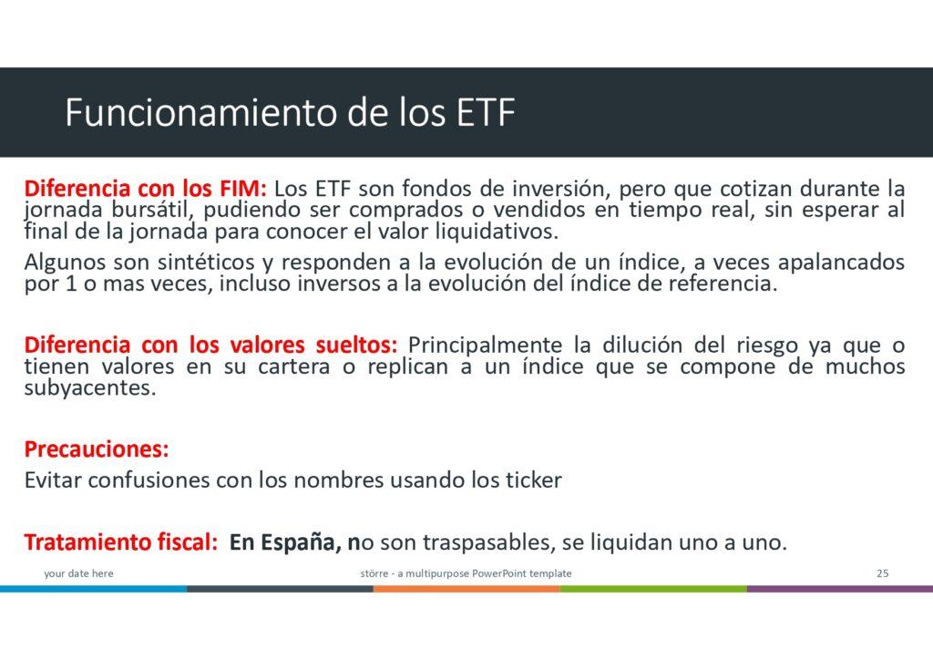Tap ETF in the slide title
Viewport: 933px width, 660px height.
coord(486,112)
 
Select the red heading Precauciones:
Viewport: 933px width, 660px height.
coord(97,449)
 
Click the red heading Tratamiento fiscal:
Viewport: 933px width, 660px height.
coord(121,542)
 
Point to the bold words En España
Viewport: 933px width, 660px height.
coord(284,542)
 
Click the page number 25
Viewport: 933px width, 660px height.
coord(882,573)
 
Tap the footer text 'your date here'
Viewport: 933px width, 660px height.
coord(78,573)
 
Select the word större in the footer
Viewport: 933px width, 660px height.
coord(374,573)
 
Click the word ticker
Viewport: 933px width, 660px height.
coord(533,480)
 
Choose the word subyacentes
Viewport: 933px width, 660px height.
coord(90,388)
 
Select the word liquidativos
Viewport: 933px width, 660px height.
coord(497,231)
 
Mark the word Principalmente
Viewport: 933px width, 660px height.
coord(485,345)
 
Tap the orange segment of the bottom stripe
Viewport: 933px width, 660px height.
coord(466,589)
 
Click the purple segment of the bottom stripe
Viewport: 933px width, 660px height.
coord(839,589)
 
